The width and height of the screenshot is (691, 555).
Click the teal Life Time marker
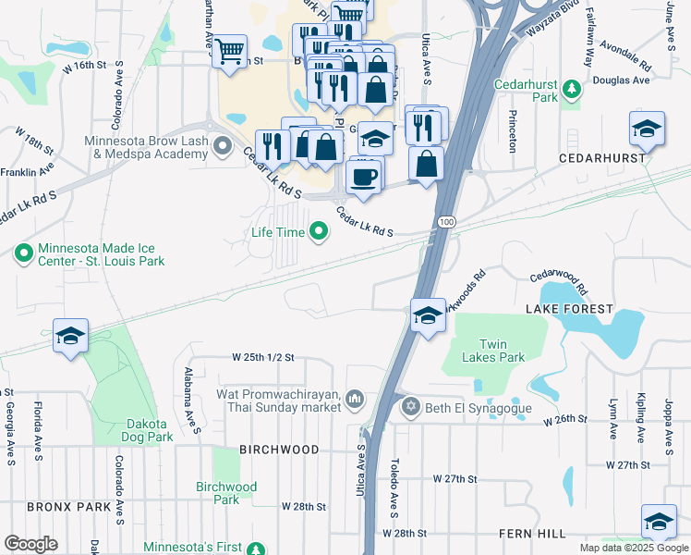(319, 231)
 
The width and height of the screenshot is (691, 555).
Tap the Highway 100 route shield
(447, 223)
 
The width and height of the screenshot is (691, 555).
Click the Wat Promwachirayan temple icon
(356, 399)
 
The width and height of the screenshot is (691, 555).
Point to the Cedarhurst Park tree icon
(573, 90)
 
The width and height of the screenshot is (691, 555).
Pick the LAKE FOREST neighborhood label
(569, 308)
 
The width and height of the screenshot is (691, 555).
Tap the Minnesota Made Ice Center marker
(23, 252)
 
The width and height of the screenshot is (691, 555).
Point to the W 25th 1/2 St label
(262, 357)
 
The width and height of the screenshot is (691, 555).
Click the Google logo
(30, 543)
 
